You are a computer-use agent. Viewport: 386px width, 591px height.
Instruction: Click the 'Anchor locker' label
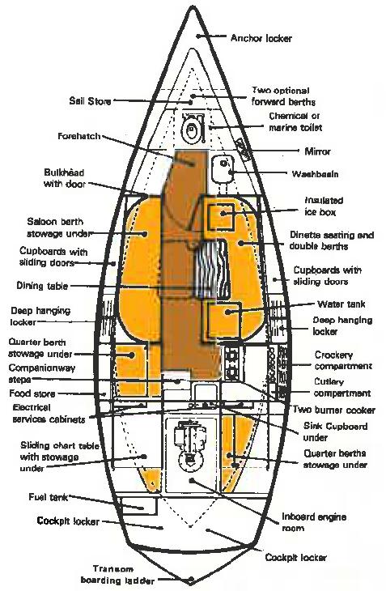click(261, 38)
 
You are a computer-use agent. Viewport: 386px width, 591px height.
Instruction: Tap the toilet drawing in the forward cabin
click(192, 128)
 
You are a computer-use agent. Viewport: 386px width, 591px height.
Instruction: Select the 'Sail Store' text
click(90, 101)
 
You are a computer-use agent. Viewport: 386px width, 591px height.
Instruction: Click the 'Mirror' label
click(317, 151)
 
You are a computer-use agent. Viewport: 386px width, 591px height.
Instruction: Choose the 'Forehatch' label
click(79, 136)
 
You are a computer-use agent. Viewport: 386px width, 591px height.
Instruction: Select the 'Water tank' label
click(341, 304)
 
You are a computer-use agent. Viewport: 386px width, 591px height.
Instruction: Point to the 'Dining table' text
click(42, 285)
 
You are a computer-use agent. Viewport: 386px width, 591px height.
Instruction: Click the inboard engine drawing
click(191, 448)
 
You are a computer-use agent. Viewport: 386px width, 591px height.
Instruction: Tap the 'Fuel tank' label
click(49, 497)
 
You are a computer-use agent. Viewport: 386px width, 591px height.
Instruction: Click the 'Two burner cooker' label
click(334, 410)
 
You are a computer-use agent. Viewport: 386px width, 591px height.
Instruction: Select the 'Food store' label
click(32, 393)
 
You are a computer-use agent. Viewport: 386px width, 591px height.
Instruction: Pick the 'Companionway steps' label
click(42, 373)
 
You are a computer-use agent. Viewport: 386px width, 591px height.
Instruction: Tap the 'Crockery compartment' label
click(343, 360)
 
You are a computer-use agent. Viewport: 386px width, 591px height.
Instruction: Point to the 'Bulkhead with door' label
click(64, 178)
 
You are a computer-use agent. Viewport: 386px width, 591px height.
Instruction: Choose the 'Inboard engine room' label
click(314, 522)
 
